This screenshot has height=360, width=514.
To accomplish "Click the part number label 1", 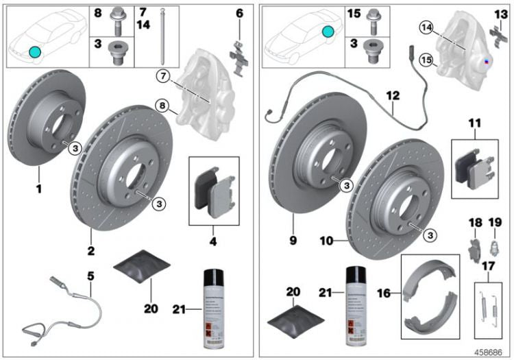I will pos(39,187).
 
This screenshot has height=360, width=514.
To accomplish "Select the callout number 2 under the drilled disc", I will pos(90,250).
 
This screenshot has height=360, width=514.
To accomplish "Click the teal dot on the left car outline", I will pos(35,51).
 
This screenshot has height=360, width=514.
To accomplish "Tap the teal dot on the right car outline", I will pos(328,32).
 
